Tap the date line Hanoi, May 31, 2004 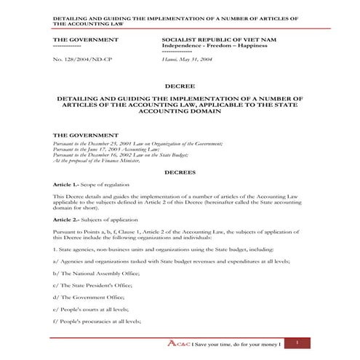(x=188, y=66)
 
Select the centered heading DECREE (x=179, y=86)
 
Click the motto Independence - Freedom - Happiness (x=215, y=45)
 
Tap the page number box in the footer (x=297, y=341)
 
